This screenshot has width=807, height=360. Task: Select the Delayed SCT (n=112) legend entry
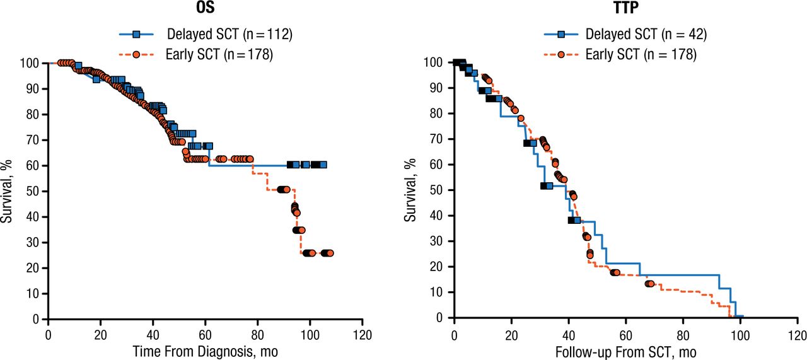coord(208,34)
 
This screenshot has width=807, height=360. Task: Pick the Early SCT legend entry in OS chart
coord(208,55)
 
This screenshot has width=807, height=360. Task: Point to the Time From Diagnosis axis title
coord(204,351)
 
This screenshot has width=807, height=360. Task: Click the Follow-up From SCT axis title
coord(625,351)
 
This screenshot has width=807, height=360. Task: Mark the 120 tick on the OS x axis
coord(362,333)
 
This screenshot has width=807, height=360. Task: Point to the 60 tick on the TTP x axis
coord(625,332)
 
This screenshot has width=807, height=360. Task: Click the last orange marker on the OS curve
coord(330,253)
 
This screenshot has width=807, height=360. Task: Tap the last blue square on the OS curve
coord(323,165)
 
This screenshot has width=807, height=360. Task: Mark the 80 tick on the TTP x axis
coord(683,332)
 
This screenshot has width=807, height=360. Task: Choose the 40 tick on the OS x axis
coord(153,333)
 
